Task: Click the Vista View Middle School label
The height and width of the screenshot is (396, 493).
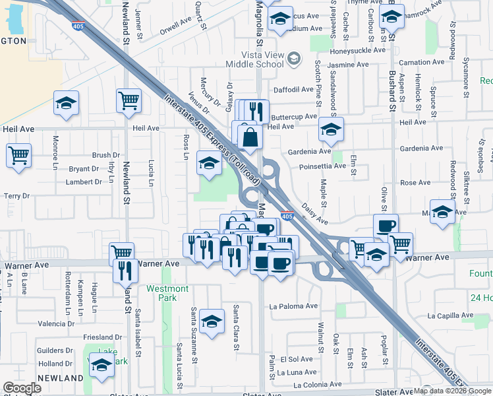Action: pos(254,59)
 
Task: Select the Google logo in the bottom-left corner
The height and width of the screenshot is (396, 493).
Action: pos(22,388)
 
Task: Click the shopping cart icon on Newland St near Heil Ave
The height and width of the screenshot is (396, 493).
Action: pos(129,101)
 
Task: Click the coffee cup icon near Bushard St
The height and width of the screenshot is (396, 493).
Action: pos(386,226)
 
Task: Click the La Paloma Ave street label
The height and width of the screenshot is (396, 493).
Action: pos(294,306)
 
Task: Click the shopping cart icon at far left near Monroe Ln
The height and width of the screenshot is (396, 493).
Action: pos(18,156)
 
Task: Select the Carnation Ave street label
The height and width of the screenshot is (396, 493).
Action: pos(422,63)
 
